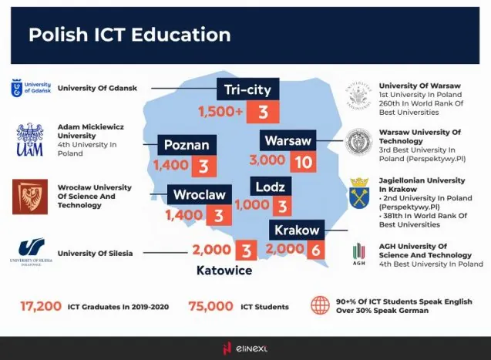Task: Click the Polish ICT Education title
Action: [129, 35]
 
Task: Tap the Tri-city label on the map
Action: [247, 90]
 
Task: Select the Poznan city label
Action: [187, 145]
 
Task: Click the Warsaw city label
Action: [288, 141]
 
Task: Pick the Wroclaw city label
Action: [199, 194]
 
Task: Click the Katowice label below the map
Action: [224, 271]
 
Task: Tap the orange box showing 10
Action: [303, 163]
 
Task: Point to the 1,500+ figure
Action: [220, 113]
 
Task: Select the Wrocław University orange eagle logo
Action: [30, 197]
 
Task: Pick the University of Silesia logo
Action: [31, 251]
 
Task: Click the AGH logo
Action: [358, 252]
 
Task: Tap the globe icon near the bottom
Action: [321, 306]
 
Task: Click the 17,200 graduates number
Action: [41, 306]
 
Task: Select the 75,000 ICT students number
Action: [210, 306]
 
